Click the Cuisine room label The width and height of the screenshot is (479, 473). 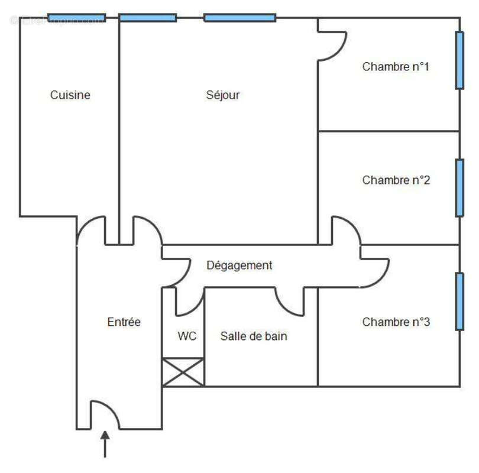click(70, 95)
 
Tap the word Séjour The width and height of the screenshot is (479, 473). click(223, 95)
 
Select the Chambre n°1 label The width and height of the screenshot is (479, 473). click(396, 67)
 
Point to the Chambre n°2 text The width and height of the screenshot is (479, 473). click(396, 180)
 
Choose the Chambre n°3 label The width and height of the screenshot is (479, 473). click(396, 322)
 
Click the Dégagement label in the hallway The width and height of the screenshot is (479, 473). click(239, 265)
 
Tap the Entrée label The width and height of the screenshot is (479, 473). click(124, 322)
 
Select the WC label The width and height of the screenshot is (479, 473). click(187, 336)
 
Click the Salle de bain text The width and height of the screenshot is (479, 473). click(254, 336)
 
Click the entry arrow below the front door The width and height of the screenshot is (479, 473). click(105, 443)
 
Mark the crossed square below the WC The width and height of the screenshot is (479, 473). click(183, 372)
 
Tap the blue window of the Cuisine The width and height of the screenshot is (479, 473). click(76, 17)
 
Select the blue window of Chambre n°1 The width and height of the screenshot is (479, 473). click(459, 60)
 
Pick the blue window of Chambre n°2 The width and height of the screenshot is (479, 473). click(459, 187)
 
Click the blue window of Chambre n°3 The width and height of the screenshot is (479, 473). click(459, 301)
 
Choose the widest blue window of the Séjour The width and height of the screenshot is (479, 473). click(239, 17)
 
